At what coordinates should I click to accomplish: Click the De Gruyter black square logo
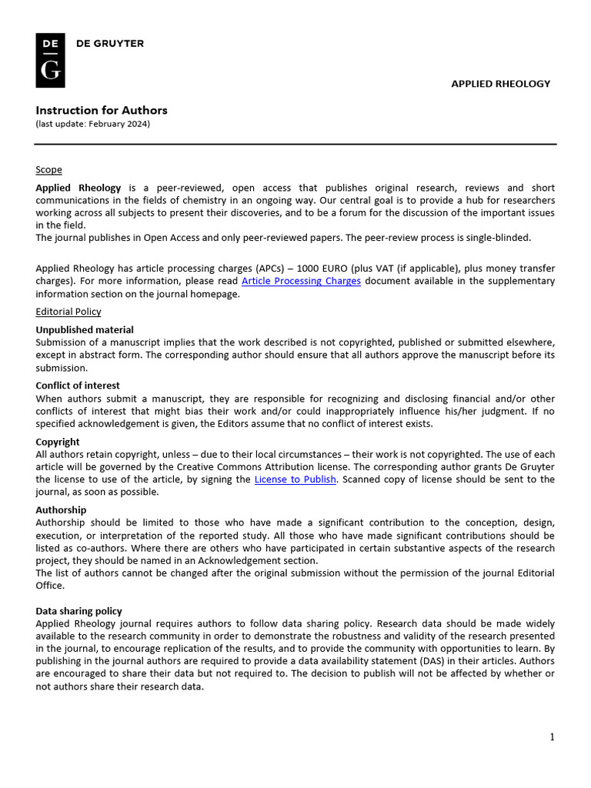(50, 61)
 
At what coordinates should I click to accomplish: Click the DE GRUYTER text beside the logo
(109, 44)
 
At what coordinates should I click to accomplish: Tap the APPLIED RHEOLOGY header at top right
(500, 84)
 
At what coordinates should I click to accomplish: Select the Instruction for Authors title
(101, 110)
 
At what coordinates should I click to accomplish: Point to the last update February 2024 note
(92, 124)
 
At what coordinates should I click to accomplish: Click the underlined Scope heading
(48, 169)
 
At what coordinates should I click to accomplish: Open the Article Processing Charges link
(301, 281)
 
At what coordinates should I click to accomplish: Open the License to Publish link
(295, 479)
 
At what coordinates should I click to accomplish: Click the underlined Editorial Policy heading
(68, 312)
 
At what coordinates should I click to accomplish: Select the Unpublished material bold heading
(84, 329)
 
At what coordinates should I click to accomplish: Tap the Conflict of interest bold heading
(78, 386)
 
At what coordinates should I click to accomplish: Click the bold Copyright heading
(58, 442)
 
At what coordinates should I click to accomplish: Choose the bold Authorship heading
(61, 509)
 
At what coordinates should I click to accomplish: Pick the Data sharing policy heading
(78, 611)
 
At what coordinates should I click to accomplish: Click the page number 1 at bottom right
(552, 737)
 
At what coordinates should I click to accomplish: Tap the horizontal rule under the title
(295, 144)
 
